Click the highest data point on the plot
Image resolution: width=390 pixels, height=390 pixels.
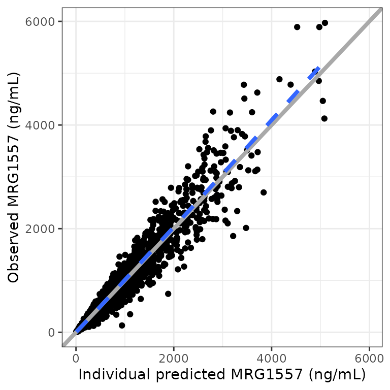325,23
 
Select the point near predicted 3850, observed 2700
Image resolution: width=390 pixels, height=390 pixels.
264,192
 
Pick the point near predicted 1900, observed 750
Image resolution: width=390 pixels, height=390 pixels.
168,294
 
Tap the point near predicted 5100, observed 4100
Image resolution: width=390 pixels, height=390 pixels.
324,118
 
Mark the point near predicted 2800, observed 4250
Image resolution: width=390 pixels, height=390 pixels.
213,111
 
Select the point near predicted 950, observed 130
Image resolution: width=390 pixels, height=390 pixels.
122,326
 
